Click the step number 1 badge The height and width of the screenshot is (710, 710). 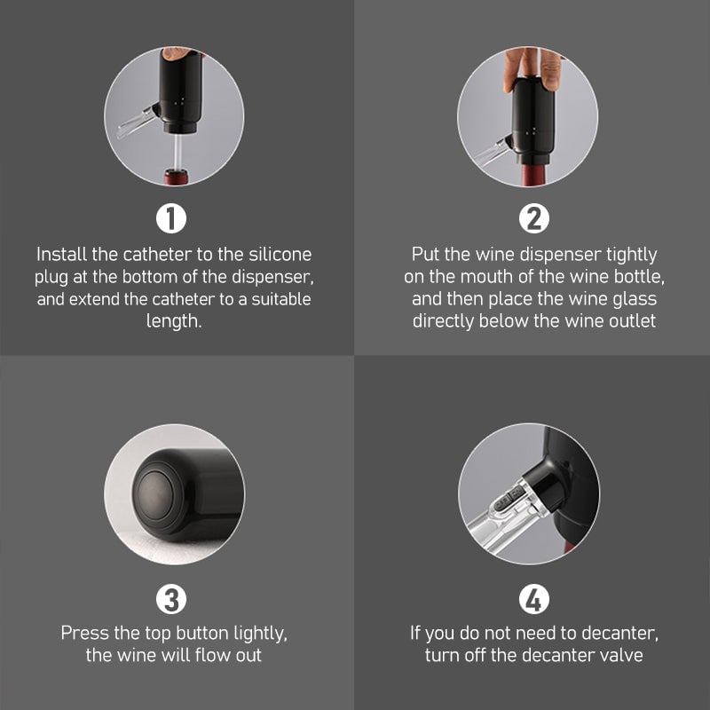[171, 218]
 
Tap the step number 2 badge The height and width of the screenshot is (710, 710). [534, 218]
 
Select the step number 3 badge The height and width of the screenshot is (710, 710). [171, 599]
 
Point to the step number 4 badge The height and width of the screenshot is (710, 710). [534, 599]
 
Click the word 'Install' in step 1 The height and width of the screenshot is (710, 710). [61, 254]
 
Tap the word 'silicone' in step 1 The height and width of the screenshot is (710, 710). [280, 254]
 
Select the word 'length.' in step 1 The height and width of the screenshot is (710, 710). [174, 321]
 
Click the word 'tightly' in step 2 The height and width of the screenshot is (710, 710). [632, 255]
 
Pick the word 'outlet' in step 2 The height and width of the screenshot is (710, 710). [633, 321]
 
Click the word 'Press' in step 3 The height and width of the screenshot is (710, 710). [84, 633]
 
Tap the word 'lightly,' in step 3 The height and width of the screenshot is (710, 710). [260, 634]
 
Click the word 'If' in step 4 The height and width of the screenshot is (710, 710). [415, 633]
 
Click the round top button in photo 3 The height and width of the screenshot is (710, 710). [155, 494]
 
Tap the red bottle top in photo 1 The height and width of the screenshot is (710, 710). [176, 177]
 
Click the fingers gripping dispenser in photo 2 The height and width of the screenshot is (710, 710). [532, 67]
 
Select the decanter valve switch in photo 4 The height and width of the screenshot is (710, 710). [509, 501]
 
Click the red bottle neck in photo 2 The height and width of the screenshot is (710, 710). [535, 175]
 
